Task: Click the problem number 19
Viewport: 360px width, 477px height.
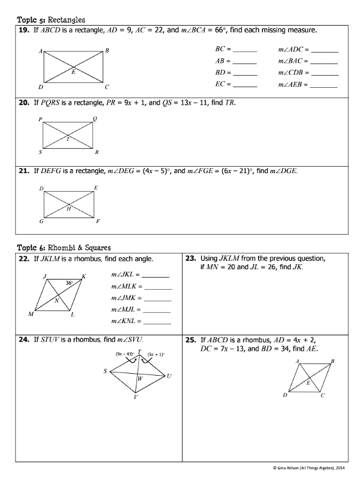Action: tap(22, 30)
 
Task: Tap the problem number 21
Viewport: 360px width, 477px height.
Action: tap(22, 171)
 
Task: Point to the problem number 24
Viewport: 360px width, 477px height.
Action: tap(22, 338)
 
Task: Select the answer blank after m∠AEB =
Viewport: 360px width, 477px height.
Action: tap(323, 85)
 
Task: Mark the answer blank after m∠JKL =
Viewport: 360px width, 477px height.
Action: tap(156, 276)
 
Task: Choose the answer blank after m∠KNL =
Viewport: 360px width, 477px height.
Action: tap(158, 322)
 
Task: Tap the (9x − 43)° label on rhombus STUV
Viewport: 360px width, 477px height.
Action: tap(124, 354)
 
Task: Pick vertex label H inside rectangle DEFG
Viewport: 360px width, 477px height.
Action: tap(69, 208)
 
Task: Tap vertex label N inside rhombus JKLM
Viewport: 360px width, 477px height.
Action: tap(56, 300)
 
